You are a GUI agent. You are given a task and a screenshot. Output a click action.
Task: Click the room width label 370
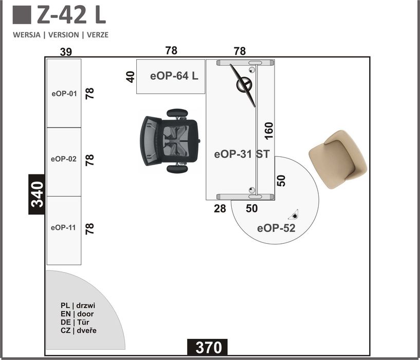(209, 348)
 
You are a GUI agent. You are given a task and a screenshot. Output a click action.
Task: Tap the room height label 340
(37, 194)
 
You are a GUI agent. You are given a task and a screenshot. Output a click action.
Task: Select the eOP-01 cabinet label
(64, 94)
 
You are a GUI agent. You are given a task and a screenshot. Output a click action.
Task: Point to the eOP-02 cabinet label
(64, 159)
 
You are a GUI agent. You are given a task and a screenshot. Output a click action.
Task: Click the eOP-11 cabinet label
(63, 228)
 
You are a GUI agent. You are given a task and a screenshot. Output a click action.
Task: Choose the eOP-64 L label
(174, 76)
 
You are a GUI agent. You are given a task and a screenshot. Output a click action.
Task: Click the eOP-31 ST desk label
(242, 154)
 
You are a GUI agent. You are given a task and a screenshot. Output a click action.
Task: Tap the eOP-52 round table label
(276, 228)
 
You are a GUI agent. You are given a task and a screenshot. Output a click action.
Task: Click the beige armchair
(338, 159)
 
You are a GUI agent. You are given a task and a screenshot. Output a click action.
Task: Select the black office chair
(170, 141)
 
